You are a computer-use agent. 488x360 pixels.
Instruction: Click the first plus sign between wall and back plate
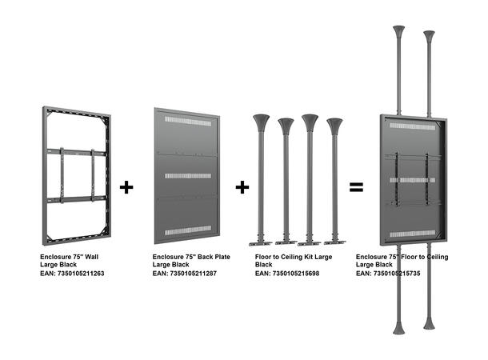click(x=126, y=187)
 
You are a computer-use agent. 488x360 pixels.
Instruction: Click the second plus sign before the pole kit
click(x=242, y=187)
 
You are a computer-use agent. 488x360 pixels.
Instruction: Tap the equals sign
click(x=357, y=187)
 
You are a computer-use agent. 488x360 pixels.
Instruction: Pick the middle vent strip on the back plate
click(x=187, y=174)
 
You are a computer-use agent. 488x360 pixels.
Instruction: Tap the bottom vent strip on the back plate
click(x=187, y=230)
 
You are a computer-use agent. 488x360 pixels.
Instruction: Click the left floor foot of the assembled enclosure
click(x=398, y=327)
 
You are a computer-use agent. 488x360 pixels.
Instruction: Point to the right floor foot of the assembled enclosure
click(x=430, y=323)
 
